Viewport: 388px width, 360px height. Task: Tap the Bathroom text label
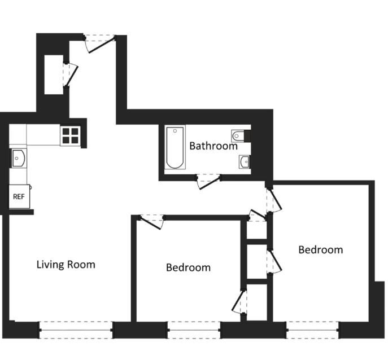[x=213, y=146]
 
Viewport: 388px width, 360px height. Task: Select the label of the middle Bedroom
[x=188, y=267]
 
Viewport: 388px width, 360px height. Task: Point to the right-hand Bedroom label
[x=320, y=249]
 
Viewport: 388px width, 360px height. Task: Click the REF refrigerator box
[x=19, y=197]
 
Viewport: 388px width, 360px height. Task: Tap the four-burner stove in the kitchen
[x=71, y=136]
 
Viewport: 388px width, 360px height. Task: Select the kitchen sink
[x=18, y=158]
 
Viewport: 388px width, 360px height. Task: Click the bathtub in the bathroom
[x=175, y=148]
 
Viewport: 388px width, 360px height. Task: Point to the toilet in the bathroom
[x=239, y=136]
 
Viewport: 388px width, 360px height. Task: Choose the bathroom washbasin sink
[x=245, y=163]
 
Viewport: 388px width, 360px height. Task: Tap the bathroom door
[x=207, y=181]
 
